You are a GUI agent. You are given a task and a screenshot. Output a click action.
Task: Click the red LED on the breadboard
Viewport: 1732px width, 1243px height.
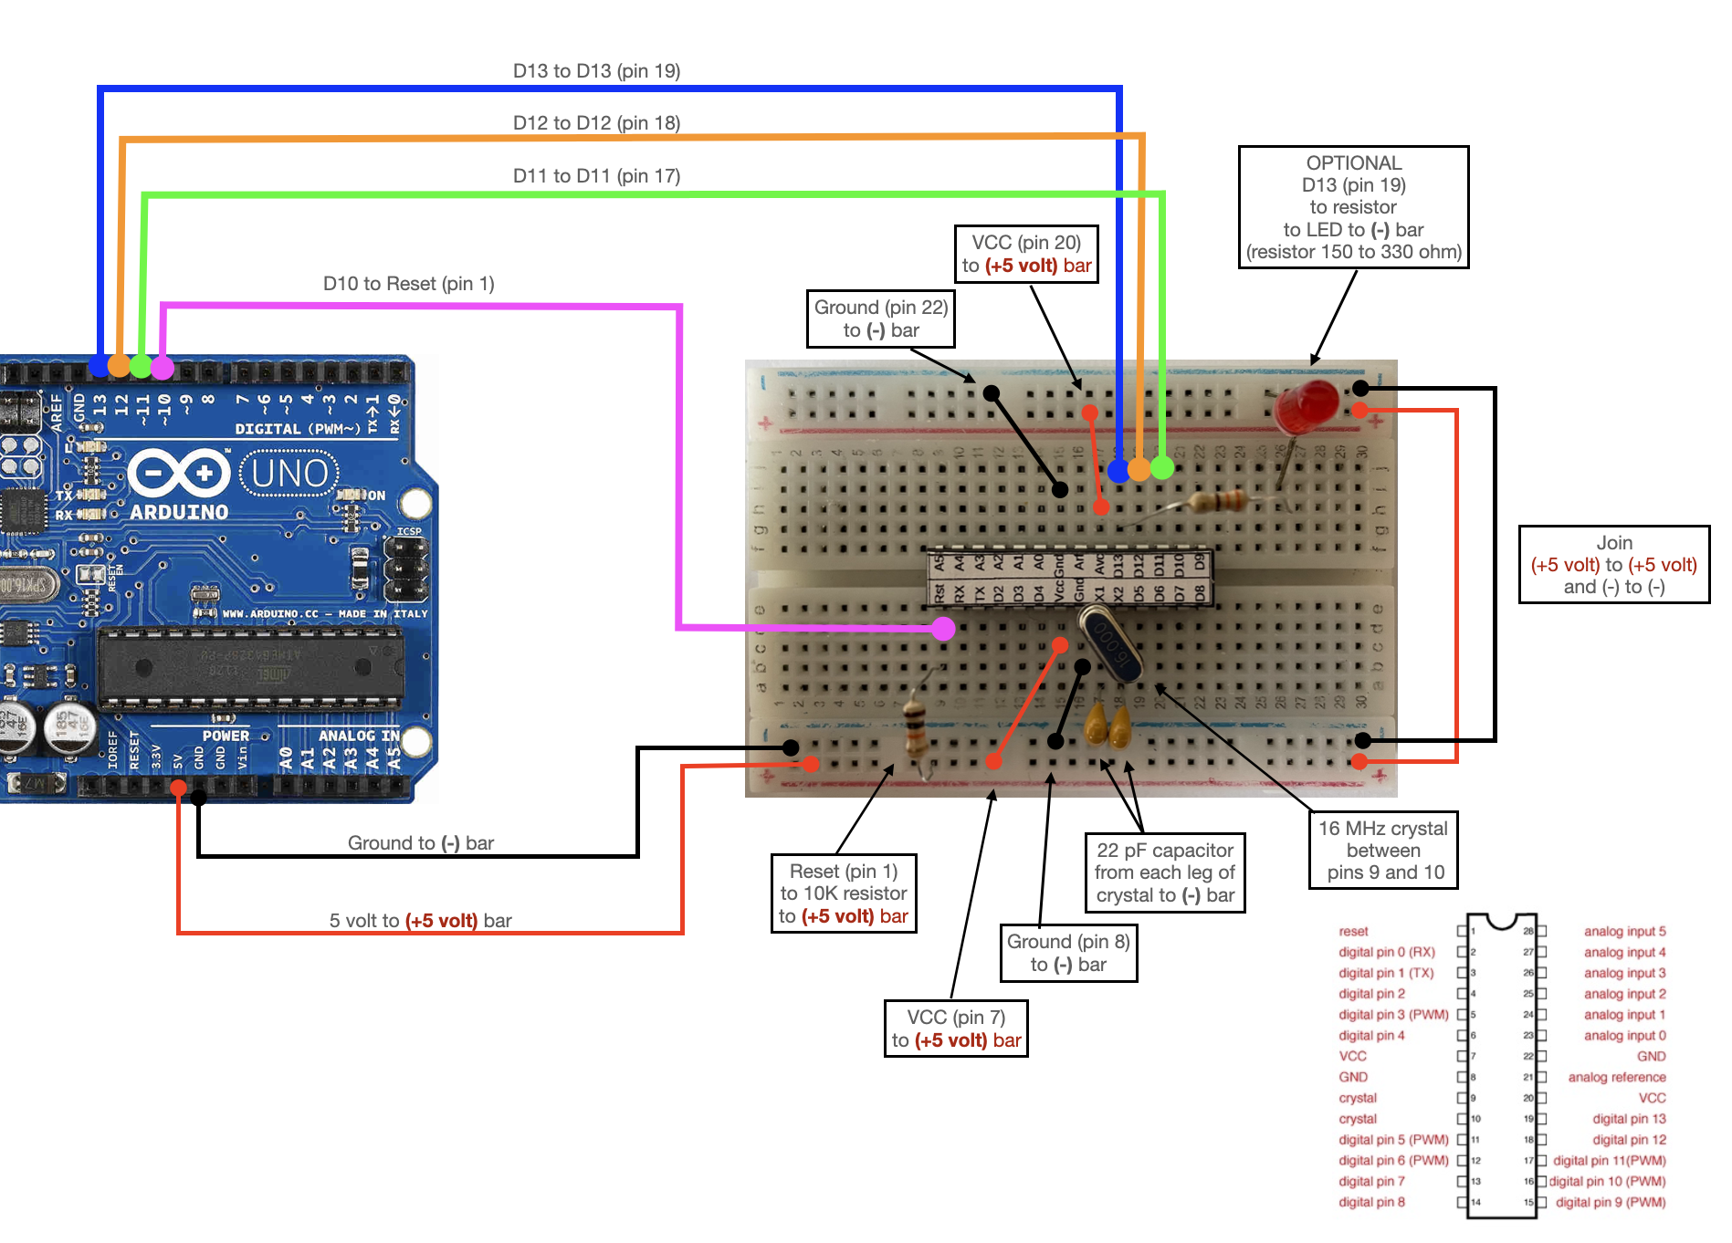1307,408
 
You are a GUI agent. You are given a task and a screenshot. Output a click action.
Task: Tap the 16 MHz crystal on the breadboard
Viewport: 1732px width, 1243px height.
1109,644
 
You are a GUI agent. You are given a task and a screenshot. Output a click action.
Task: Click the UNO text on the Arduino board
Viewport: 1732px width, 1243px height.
289,474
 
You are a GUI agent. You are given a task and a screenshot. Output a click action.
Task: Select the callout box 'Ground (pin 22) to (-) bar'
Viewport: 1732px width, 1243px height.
880,319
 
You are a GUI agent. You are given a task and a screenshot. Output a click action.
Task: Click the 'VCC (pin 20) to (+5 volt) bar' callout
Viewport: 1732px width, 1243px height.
1025,254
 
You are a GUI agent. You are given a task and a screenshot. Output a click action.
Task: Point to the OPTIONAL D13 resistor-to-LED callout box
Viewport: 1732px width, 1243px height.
1353,207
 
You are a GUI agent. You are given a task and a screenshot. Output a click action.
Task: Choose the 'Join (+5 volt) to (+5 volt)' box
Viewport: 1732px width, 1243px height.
1613,564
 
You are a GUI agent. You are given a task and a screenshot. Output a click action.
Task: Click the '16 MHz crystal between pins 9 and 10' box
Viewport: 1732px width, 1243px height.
1382,850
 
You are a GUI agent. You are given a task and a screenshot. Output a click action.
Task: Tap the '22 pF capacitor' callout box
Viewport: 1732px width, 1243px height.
1164,872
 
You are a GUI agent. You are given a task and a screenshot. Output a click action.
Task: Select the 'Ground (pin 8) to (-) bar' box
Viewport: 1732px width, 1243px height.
1068,953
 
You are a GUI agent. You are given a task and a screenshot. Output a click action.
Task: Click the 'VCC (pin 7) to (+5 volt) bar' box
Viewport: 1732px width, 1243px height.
956,1029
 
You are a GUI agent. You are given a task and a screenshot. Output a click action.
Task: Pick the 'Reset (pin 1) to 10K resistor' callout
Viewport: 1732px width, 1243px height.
843,893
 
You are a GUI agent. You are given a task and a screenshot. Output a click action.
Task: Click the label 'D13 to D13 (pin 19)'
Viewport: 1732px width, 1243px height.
596,71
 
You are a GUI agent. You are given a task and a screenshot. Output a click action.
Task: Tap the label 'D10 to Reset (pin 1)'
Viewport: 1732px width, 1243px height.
408,284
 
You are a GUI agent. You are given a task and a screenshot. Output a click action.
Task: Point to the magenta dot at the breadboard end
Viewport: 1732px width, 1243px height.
943,628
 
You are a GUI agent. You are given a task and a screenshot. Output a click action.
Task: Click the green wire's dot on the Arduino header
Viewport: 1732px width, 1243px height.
141,366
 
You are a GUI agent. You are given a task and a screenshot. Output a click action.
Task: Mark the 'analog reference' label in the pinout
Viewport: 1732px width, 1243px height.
1616,1077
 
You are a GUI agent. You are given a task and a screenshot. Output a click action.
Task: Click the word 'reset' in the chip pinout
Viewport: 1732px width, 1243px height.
1353,931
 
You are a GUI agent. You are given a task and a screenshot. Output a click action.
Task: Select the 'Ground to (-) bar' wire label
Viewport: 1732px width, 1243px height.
420,843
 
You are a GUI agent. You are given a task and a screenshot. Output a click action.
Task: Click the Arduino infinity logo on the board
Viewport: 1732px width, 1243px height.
179,474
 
